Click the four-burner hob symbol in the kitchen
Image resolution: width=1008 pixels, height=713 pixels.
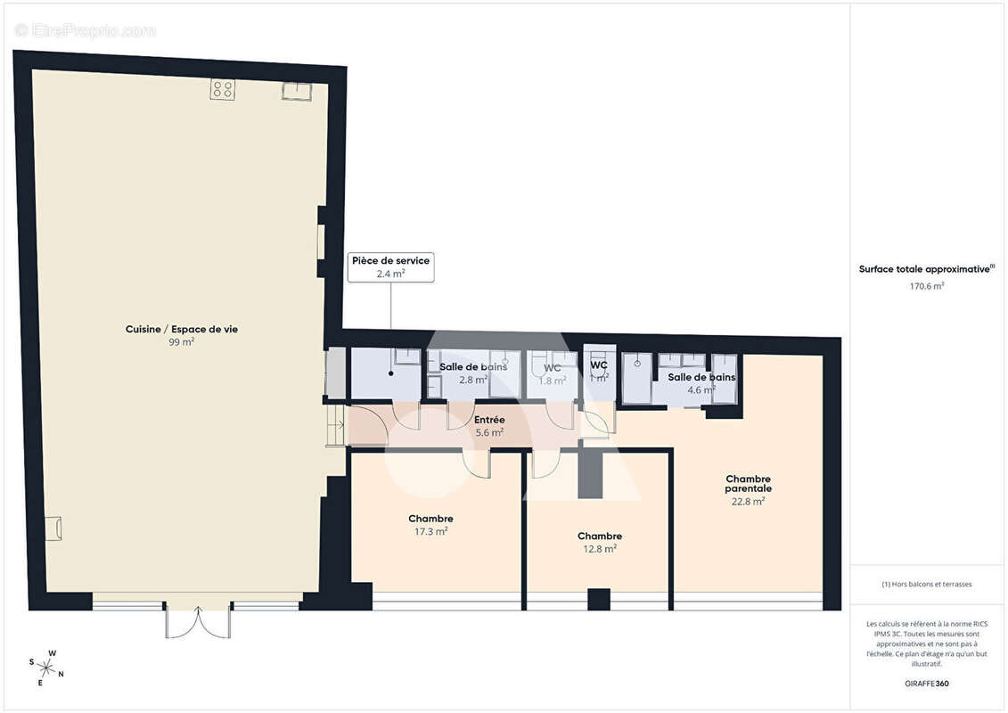click(223, 89)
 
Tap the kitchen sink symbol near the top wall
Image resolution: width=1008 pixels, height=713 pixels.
click(296, 91)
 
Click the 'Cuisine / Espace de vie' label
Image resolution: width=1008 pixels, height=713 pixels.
click(182, 330)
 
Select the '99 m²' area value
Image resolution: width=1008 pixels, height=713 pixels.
click(182, 342)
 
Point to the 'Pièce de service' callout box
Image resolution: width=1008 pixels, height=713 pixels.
click(390, 267)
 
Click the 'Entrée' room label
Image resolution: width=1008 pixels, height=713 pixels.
click(489, 420)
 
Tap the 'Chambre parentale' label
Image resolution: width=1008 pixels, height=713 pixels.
click(748, 484)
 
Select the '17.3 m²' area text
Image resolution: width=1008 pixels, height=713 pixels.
click(430, 531)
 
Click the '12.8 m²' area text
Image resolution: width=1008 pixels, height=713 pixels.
click(599, 549)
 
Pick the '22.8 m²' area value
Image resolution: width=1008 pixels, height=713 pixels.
click(748, 501)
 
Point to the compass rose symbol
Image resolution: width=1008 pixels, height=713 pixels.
click(45, 668)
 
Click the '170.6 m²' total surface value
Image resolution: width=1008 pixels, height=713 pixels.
click(927, 286)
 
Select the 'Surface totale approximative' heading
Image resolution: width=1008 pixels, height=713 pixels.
click(925, 269)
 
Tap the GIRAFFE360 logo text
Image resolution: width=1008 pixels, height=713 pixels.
click(927, 684)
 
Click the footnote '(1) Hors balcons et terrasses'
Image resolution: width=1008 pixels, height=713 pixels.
click(927, 585)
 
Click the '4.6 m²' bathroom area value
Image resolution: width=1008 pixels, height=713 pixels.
click(701, 390)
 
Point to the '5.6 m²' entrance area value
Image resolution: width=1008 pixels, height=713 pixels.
click(489, 432)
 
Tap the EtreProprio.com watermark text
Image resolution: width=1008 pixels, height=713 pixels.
click(85, 30)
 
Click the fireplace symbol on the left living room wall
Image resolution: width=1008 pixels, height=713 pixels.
click(53, 528)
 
